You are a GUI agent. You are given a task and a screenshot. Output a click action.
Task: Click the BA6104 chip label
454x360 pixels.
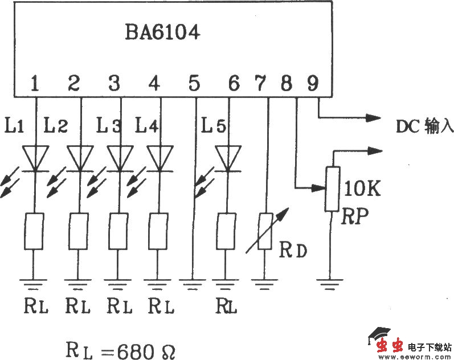click(162, 32)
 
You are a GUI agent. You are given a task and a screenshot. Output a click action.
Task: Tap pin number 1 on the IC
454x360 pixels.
click(35, 84)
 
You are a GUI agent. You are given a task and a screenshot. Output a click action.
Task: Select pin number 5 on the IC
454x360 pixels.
click(194, 84)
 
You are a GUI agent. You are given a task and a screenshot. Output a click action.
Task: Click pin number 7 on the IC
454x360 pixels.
click(261, 84)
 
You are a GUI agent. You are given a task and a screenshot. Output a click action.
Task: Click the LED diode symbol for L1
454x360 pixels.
click(35, 158)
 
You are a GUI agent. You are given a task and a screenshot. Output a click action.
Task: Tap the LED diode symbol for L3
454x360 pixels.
click(120, 158)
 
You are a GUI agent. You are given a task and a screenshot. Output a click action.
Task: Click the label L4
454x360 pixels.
click(147, 125)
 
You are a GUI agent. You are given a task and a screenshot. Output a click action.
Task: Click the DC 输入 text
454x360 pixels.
click(424, 126)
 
